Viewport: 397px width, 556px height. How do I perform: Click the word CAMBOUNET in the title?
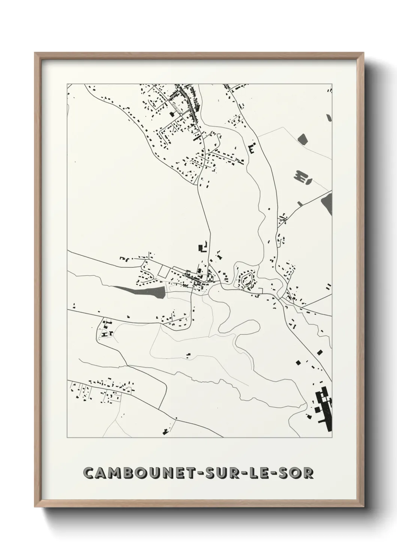[x=137, y=473]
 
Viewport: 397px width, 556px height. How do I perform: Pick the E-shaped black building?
[x=251, y=148]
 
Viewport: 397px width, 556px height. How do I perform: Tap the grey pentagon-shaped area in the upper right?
[x=302, y=139]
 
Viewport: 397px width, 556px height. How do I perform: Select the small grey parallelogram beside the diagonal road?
[x=300, y=204]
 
